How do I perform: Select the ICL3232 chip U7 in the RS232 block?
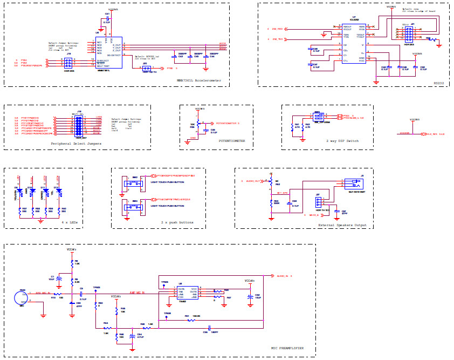tap(354, 43)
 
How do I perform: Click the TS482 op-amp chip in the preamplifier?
tap(187, 293)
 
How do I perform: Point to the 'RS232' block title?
tap(439, 83)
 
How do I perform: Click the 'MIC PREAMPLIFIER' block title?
tap(287, 348)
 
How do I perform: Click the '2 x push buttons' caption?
tap(177, 222)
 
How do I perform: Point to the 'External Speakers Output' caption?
tap(342, 225)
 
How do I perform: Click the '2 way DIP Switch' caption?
tap(342, 141)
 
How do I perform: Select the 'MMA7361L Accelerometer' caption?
tap(198, 80)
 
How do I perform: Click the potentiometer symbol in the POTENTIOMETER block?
tap(198, 124)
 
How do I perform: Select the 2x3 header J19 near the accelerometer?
tap(69, 63)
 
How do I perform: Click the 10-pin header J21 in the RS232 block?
tap(409, 34)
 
